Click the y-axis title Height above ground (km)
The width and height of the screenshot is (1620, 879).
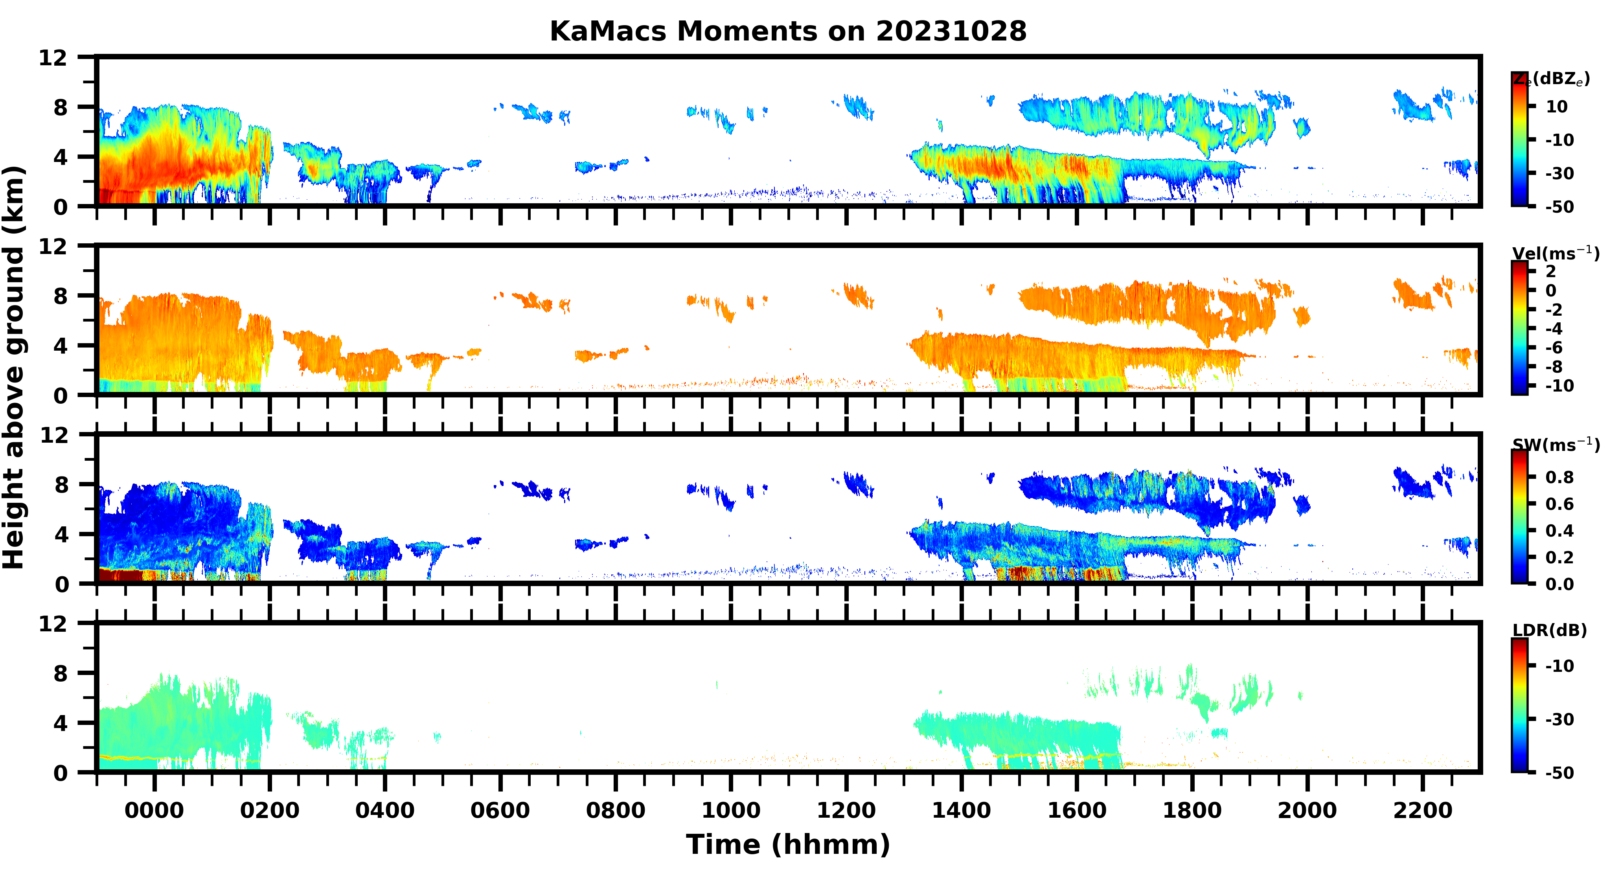(x=14, y=368)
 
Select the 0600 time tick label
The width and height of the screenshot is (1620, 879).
(x=500, y=810)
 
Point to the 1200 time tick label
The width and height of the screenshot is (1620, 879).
(x=846, y=810)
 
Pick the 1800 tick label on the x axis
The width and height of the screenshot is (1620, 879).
(x=1192, y=810)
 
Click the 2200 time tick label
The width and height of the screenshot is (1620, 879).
(x=1423, y=810)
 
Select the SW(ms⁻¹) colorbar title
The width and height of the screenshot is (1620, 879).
(x=1555, y=445)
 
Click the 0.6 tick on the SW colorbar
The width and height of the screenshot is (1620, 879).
(x=1559, y=504)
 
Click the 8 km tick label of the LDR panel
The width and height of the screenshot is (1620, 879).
(x=61, y=673)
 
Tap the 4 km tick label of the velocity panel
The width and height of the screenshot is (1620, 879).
(x=61, y=346)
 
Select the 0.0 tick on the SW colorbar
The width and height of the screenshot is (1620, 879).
(x=1559, y=584)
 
